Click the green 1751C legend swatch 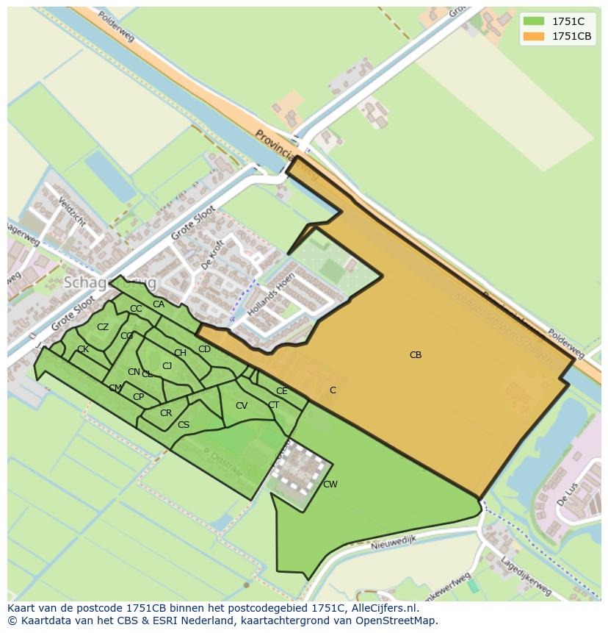pos(534,21)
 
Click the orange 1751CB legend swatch pos(534,36)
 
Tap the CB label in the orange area pos(416,355)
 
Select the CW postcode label pos(330,484)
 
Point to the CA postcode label pos(159,304)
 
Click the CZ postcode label pos(103,327)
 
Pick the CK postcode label pos(83,349)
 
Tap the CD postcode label pos(205,349)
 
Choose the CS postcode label pos(184,425)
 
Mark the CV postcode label pos(242,406)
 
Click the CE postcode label pos(282,391)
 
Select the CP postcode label pos(138,397)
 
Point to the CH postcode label pos(180,353)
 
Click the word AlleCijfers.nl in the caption pos(382,609)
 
